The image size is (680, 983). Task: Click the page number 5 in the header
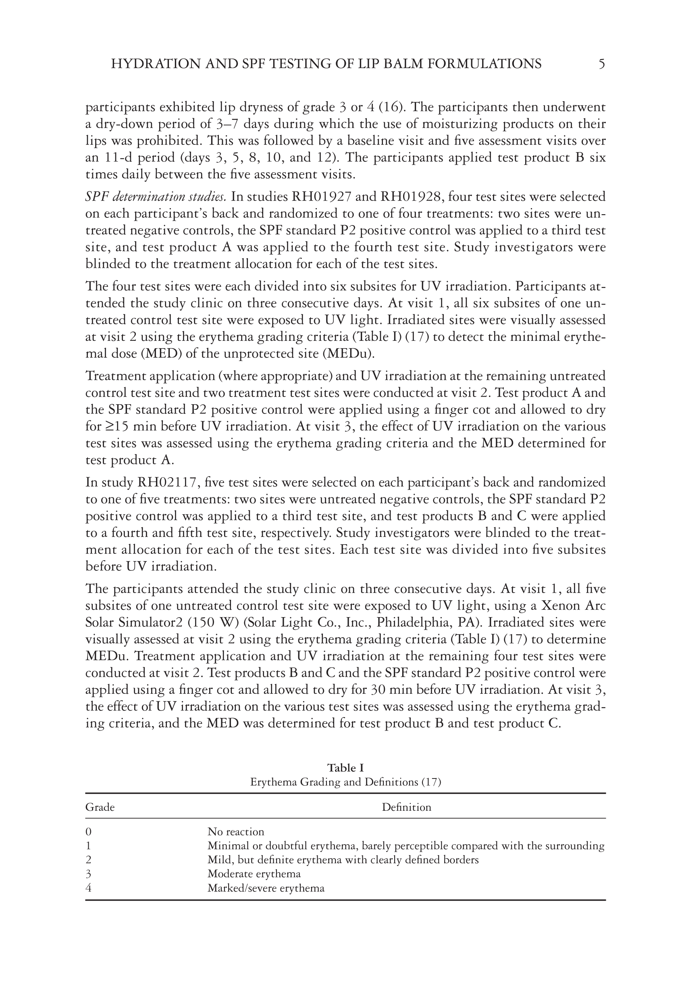601,64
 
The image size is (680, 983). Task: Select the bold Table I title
345,768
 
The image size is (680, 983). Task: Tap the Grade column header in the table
100,807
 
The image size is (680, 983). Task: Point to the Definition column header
406,807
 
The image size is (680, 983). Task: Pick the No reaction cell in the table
236,832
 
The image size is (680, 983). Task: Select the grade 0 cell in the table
89,832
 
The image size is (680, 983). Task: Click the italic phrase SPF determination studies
155,197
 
